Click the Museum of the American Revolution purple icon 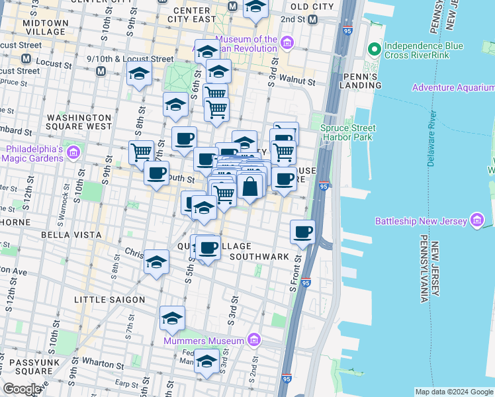(x=287, y=44)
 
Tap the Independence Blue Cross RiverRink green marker (x=374, y=49)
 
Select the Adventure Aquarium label (x=453, y=87)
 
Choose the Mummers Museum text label (x=204, y=341)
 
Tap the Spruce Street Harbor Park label (x=348, y=132)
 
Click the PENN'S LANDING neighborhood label (x=361, y=81)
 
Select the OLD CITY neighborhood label (x=312, y=7)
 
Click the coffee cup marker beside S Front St (x=302, y=232)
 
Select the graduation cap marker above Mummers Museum (x=172, y=318)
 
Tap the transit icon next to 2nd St (x=311, y=20)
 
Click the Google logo (x=22, y=389)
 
